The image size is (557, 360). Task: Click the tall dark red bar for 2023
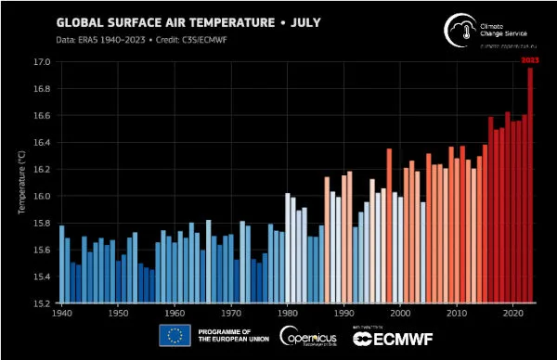(531, 186)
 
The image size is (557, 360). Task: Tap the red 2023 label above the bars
(531, 60)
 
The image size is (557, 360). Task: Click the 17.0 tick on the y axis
(42, 62)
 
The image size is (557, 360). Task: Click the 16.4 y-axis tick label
(42, 143)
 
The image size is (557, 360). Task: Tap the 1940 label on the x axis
(61, 315)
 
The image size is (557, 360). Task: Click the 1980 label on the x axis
(288, 315)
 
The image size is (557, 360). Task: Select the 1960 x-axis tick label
(175, 315)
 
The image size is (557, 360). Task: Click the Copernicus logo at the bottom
(307, 337)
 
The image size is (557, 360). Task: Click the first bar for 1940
(61, 264)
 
